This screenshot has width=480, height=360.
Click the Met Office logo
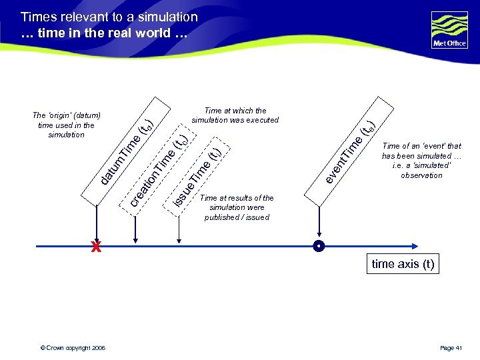449,30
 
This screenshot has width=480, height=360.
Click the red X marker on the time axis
97,247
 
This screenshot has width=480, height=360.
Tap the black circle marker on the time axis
319,247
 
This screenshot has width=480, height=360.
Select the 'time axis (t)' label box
403,264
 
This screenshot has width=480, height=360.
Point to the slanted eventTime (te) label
350,150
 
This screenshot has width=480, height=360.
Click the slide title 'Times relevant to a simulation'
109,17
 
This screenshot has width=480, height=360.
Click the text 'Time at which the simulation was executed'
235,115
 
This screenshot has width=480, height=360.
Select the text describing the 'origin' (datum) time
66,125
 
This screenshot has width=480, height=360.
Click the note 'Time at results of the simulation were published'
237,207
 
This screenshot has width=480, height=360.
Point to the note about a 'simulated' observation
421,161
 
